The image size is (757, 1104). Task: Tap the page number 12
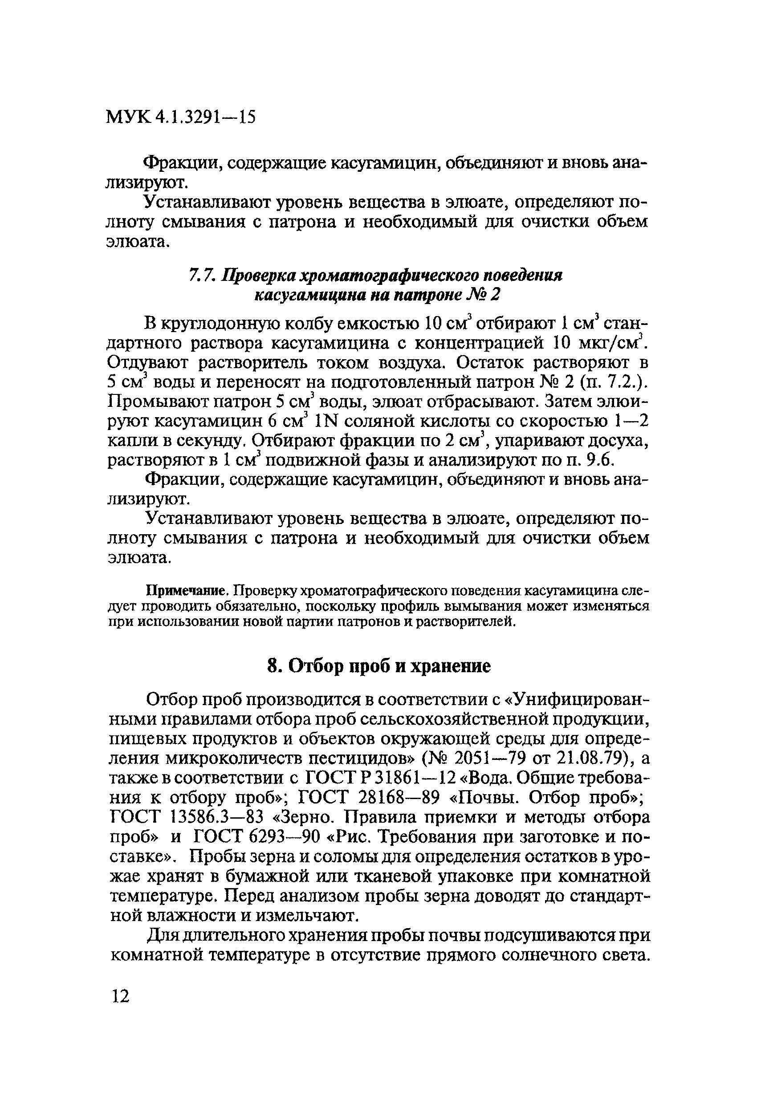(x=120, y=995)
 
